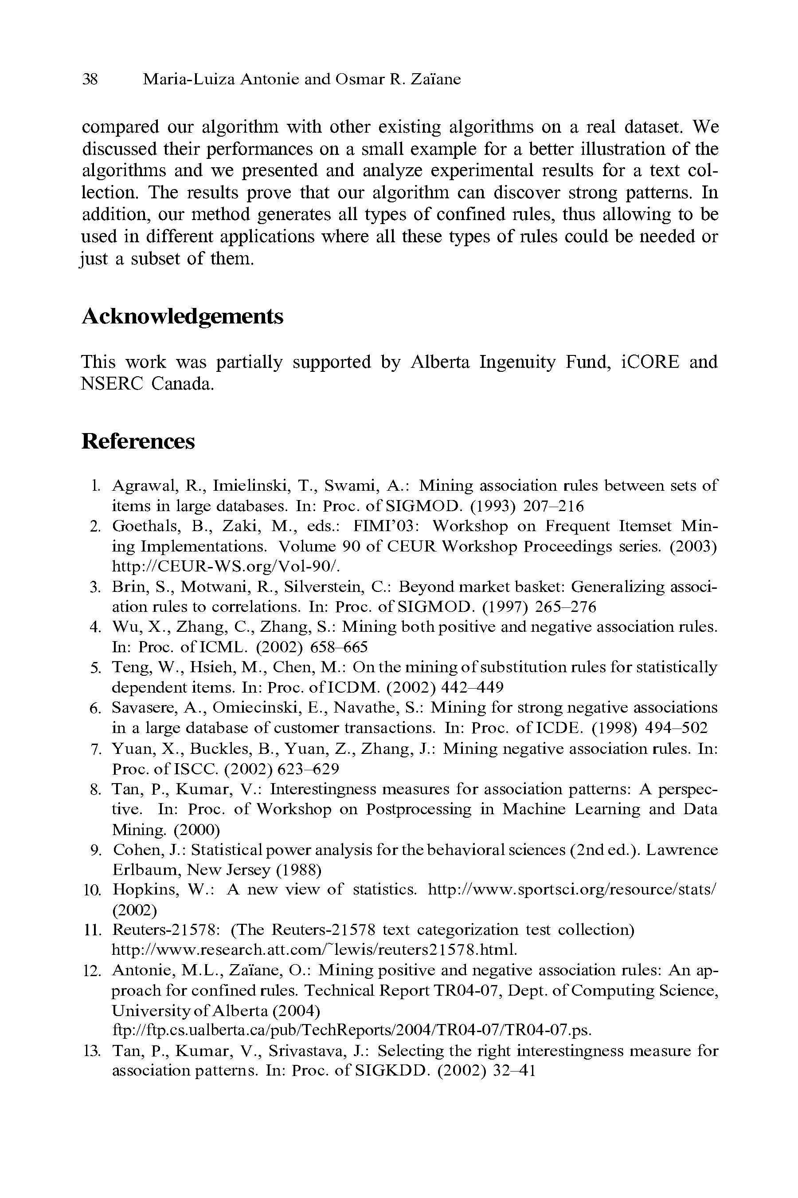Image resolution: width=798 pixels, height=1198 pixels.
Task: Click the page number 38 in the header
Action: click(90, 79)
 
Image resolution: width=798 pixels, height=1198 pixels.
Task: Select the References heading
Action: click(138, 441)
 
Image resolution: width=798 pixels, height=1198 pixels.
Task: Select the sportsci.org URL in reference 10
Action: click(572, 889)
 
